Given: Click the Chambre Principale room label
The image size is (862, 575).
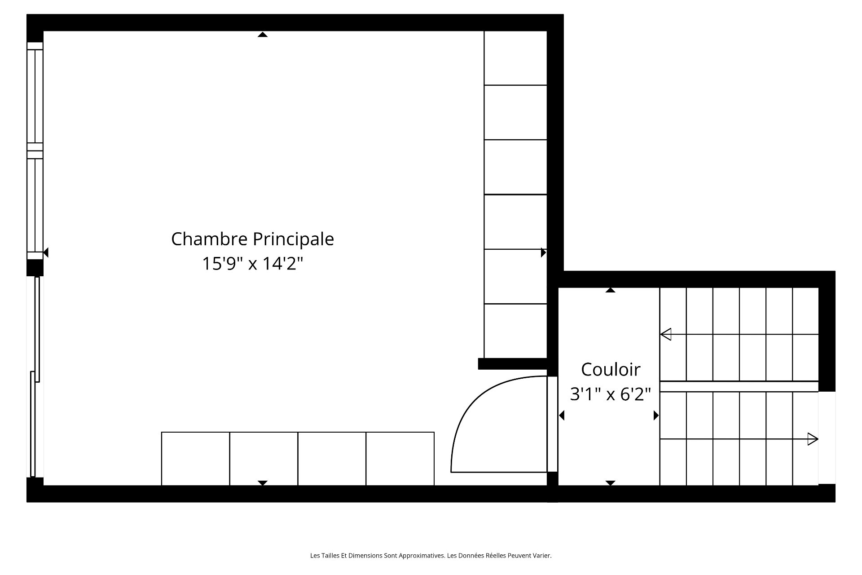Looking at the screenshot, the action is (x=252, y=239).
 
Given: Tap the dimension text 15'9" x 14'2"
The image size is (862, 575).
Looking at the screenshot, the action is (x=252, y=263).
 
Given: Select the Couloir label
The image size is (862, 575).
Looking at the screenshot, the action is (x=611, y=370).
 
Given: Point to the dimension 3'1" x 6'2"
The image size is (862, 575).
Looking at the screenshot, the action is (x=610, y=394).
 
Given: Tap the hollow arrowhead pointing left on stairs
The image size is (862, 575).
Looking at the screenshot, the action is (x=665, y=334).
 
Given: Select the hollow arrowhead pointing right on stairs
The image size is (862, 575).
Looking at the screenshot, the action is (x=813, y=439).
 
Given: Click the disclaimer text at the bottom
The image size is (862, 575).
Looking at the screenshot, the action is (x=431, y=556).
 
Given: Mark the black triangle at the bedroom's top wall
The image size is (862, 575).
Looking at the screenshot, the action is (x=263, y=35).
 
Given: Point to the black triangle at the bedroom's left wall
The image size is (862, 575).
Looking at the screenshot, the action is (x=46, y=252).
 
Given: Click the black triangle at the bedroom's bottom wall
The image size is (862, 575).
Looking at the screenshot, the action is (x=263, y=483).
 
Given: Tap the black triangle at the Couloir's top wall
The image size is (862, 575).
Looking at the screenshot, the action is (x=610, y=290).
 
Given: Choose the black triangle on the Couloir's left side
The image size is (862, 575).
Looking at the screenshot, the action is (x=561, y=416).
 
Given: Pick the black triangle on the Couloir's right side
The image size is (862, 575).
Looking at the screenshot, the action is (x=656, y=416).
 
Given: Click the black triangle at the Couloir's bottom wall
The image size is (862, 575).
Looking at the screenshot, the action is (x=610, y=483).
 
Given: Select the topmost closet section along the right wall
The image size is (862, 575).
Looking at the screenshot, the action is (x=515, y=58).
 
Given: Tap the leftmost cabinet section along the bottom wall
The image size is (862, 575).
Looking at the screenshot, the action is (x=196, y=459).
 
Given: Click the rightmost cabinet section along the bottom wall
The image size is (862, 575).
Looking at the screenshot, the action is (x=400, y=459).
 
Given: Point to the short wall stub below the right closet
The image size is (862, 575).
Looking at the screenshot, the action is (x=513, y=364).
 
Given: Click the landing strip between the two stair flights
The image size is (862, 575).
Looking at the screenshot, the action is (x=739, y=386).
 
